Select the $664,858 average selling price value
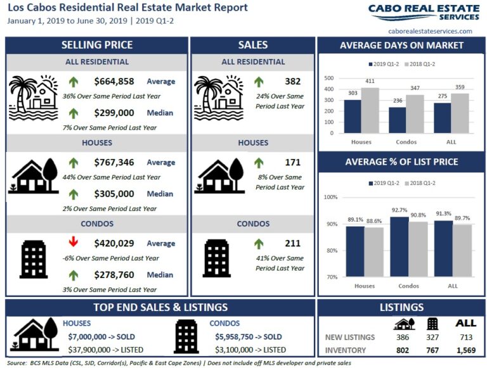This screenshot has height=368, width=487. (x=114, y=81)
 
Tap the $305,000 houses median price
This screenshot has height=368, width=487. (x=114, y=194)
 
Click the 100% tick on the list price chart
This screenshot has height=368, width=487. (x=330, y=197)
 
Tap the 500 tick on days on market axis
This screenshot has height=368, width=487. (x=329, y=78)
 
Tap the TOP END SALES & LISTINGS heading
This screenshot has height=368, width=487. (x=160, y=308)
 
